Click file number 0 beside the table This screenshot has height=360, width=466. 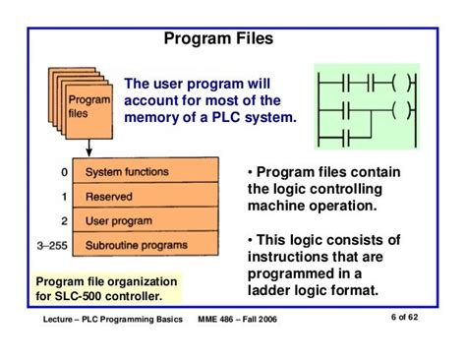coord(65,173)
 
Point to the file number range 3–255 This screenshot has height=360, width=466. coord(53,245)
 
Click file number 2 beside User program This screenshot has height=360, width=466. coord(65,221)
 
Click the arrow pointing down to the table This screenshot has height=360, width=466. coord(89,148)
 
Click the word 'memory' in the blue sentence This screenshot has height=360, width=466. coord(153,117)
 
